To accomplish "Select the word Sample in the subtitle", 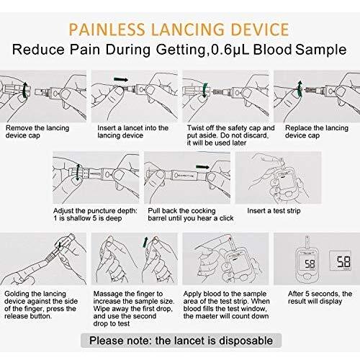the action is click(x=321, y=50).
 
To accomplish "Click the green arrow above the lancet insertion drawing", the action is click(x=121, y=80).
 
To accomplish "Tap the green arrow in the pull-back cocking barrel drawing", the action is click(x=202, y=167).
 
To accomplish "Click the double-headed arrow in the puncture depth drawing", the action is click(x=77, y=172).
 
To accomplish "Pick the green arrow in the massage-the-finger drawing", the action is click(x=145, y=242).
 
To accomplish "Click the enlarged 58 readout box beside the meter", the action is click(x=341, y=261).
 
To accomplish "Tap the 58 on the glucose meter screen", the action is click(x=310, y=264).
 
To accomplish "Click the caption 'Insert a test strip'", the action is click(x=274, y=211).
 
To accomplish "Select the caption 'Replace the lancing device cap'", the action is click(x=317, y=132).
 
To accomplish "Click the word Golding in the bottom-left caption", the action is click(x=17, y=294).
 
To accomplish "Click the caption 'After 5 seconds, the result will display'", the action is click(x=320, y=297).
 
